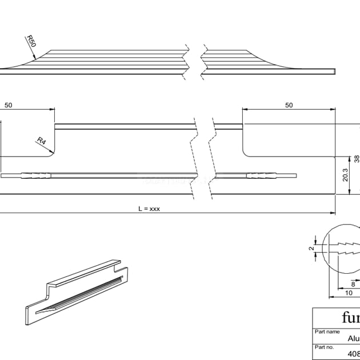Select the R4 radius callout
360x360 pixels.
point(41,140)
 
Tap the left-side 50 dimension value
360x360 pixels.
point(9,105)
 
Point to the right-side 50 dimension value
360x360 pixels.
point(289,105)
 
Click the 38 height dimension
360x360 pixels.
point(356,158)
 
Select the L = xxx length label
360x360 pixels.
point(149,209)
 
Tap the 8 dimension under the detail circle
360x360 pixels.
point(353,283)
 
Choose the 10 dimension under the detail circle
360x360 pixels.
point(349,293)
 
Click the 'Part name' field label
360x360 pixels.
point(327,331)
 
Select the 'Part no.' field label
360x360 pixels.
point(324,347)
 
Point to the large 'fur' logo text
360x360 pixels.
point(350,318)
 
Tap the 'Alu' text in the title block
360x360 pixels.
point(354,338)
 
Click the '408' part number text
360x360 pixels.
point(353,353)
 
